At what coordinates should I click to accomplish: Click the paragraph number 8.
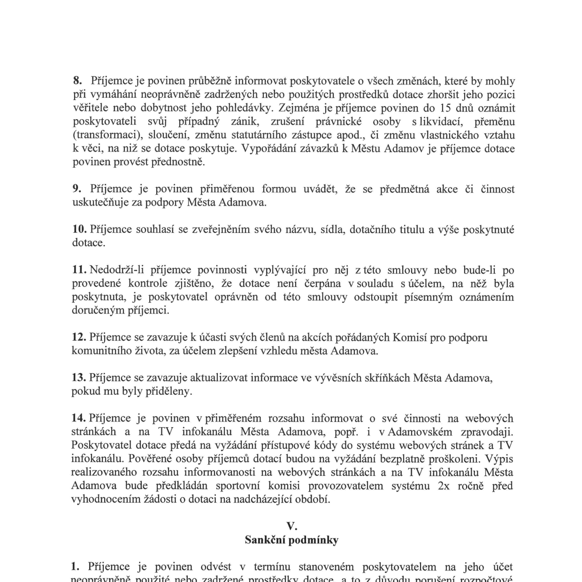(77, 81)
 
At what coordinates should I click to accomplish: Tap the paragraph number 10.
(79, 230)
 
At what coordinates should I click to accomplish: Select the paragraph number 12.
(79, 337)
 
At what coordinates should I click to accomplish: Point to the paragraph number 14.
(78, 418)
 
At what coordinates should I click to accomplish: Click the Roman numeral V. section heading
(291, 526)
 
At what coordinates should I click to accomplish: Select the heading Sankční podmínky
(291, 540)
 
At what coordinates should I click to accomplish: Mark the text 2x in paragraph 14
(444, 486)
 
